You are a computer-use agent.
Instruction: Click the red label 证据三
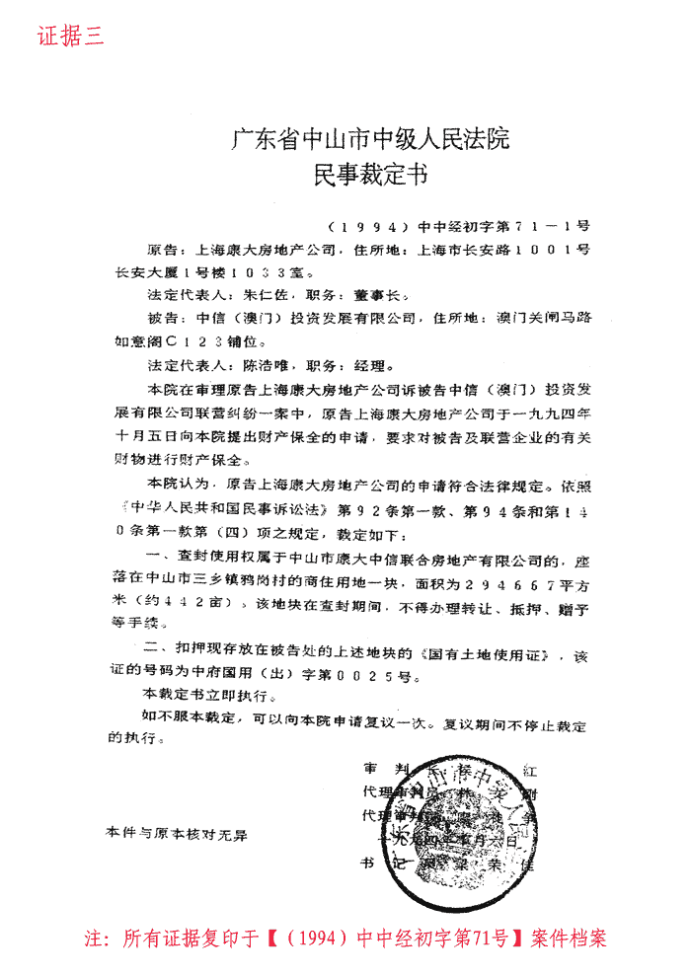point(70,37)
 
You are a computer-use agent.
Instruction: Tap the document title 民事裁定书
point(370,177)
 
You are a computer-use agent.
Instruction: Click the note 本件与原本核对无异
point(176,833)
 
